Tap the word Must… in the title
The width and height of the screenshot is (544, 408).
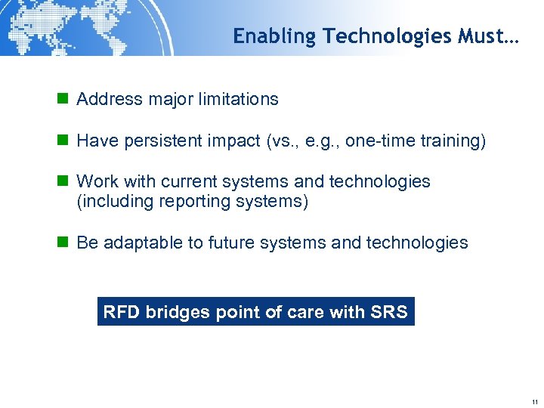pyautogui.click(x=488, y=36)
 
